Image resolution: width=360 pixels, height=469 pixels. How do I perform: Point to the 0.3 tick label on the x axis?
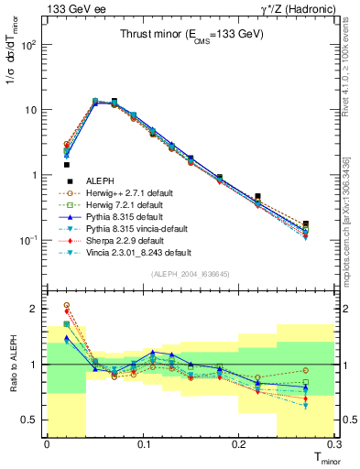338,444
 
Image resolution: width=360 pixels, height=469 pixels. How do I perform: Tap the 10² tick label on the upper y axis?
31,44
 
